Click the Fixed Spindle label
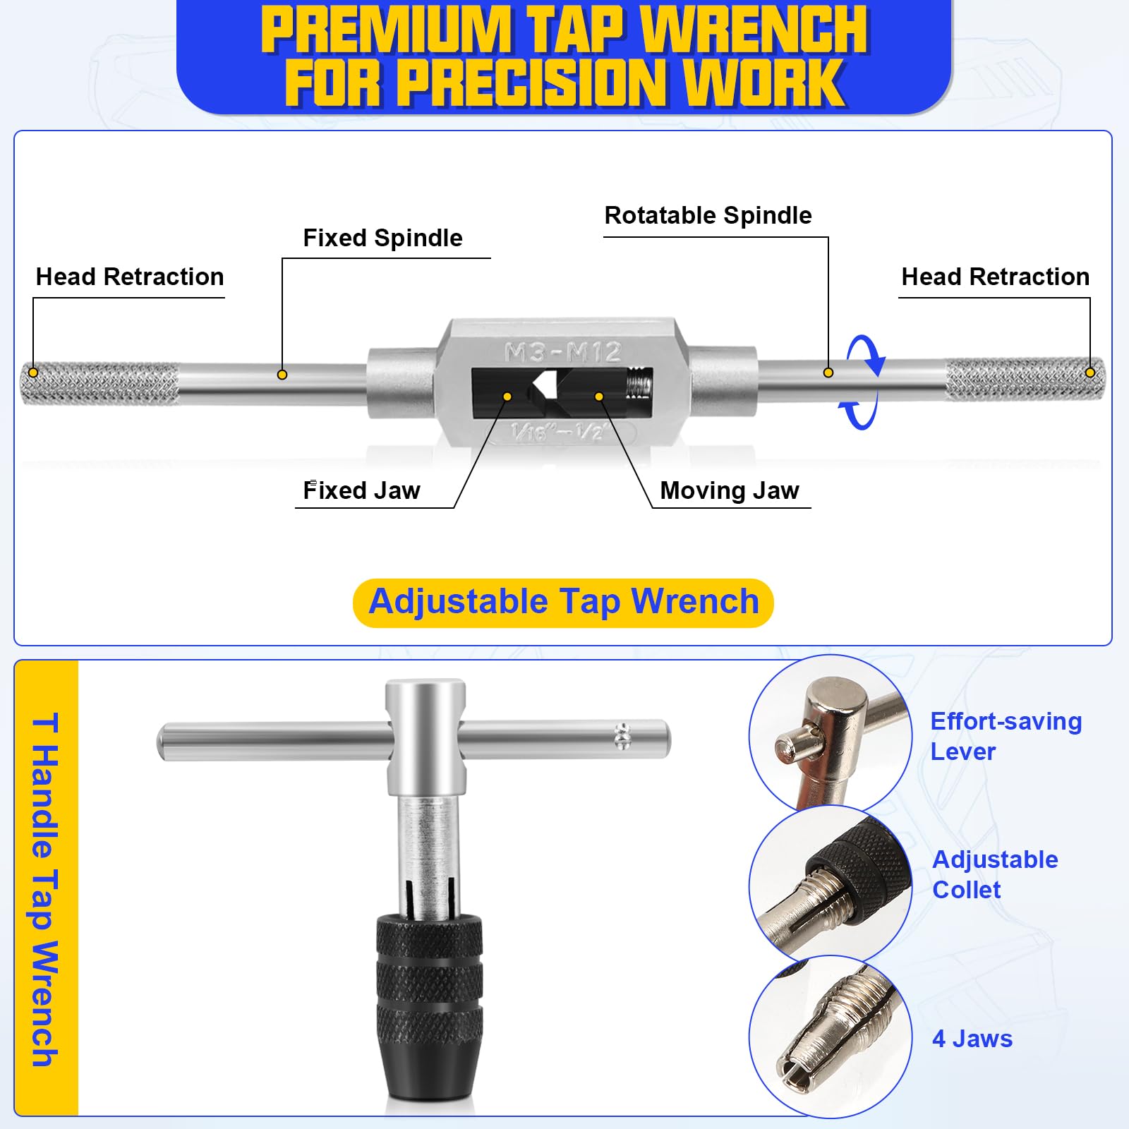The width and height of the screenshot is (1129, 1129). coord(382,239)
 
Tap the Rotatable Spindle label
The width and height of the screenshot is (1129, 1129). coord(708,216)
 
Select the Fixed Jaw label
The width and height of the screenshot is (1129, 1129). coord(361,490)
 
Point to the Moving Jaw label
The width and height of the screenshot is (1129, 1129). coord(730,490)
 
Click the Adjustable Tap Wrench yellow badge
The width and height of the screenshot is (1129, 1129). coord(563,603)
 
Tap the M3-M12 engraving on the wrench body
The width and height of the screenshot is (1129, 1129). coord(562,351)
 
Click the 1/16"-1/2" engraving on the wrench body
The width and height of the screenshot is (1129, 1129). coord(557,431)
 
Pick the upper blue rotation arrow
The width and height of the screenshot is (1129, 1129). coord(867,353)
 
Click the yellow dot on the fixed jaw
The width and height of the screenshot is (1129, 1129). coord(507,397)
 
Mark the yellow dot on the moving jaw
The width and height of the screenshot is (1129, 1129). coord(599,397)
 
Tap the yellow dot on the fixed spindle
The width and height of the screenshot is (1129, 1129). coord(282,375)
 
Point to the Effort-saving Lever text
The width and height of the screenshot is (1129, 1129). coord(1006,736)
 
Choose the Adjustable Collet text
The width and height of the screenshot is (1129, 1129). coord(995,874)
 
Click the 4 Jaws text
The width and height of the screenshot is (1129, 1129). coord(972,1039)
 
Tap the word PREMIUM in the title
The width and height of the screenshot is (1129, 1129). coord(385,30)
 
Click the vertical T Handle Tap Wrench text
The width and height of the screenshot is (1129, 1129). coord(45,889)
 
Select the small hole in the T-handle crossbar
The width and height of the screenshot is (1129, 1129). coord(622,736)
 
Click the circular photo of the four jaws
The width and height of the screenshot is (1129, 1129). coord(831,1036)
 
